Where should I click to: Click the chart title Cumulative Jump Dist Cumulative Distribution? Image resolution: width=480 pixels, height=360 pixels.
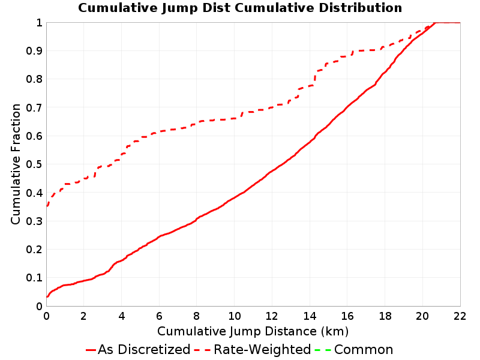pos(240,8)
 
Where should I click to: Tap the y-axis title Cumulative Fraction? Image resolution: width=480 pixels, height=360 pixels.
pos(16,164)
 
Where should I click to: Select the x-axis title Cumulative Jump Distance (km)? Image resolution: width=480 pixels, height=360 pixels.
pos(253,332)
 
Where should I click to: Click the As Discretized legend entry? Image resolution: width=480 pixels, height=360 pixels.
pos(138,349)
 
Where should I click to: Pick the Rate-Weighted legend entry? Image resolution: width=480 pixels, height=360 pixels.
pos(253,349)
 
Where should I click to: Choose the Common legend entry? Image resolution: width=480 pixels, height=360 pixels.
pos(354,349)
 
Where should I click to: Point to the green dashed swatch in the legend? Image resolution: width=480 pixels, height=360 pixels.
pos(323,350)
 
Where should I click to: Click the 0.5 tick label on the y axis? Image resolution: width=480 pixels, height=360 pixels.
pos(34,164)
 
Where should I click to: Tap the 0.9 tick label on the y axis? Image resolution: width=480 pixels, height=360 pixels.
pos(34,51)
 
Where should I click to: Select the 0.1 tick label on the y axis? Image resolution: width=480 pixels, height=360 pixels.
pos(34,278)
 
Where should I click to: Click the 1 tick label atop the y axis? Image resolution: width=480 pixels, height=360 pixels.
pos(39,23)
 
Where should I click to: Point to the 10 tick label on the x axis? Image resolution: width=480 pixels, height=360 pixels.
pos(235,316)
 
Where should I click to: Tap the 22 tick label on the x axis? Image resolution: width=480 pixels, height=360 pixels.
pos(460,316)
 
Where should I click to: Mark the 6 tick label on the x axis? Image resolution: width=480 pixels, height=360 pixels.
pos(159,316)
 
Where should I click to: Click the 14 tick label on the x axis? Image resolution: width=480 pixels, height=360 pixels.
pos(310,316)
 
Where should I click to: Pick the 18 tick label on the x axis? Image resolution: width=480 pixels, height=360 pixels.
pos(385,316)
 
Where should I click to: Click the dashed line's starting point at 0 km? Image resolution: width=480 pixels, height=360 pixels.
pos(47,206)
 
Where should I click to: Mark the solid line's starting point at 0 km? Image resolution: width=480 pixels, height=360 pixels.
pos(47,296)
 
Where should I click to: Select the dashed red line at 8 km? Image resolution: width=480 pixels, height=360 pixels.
pos(197,124)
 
